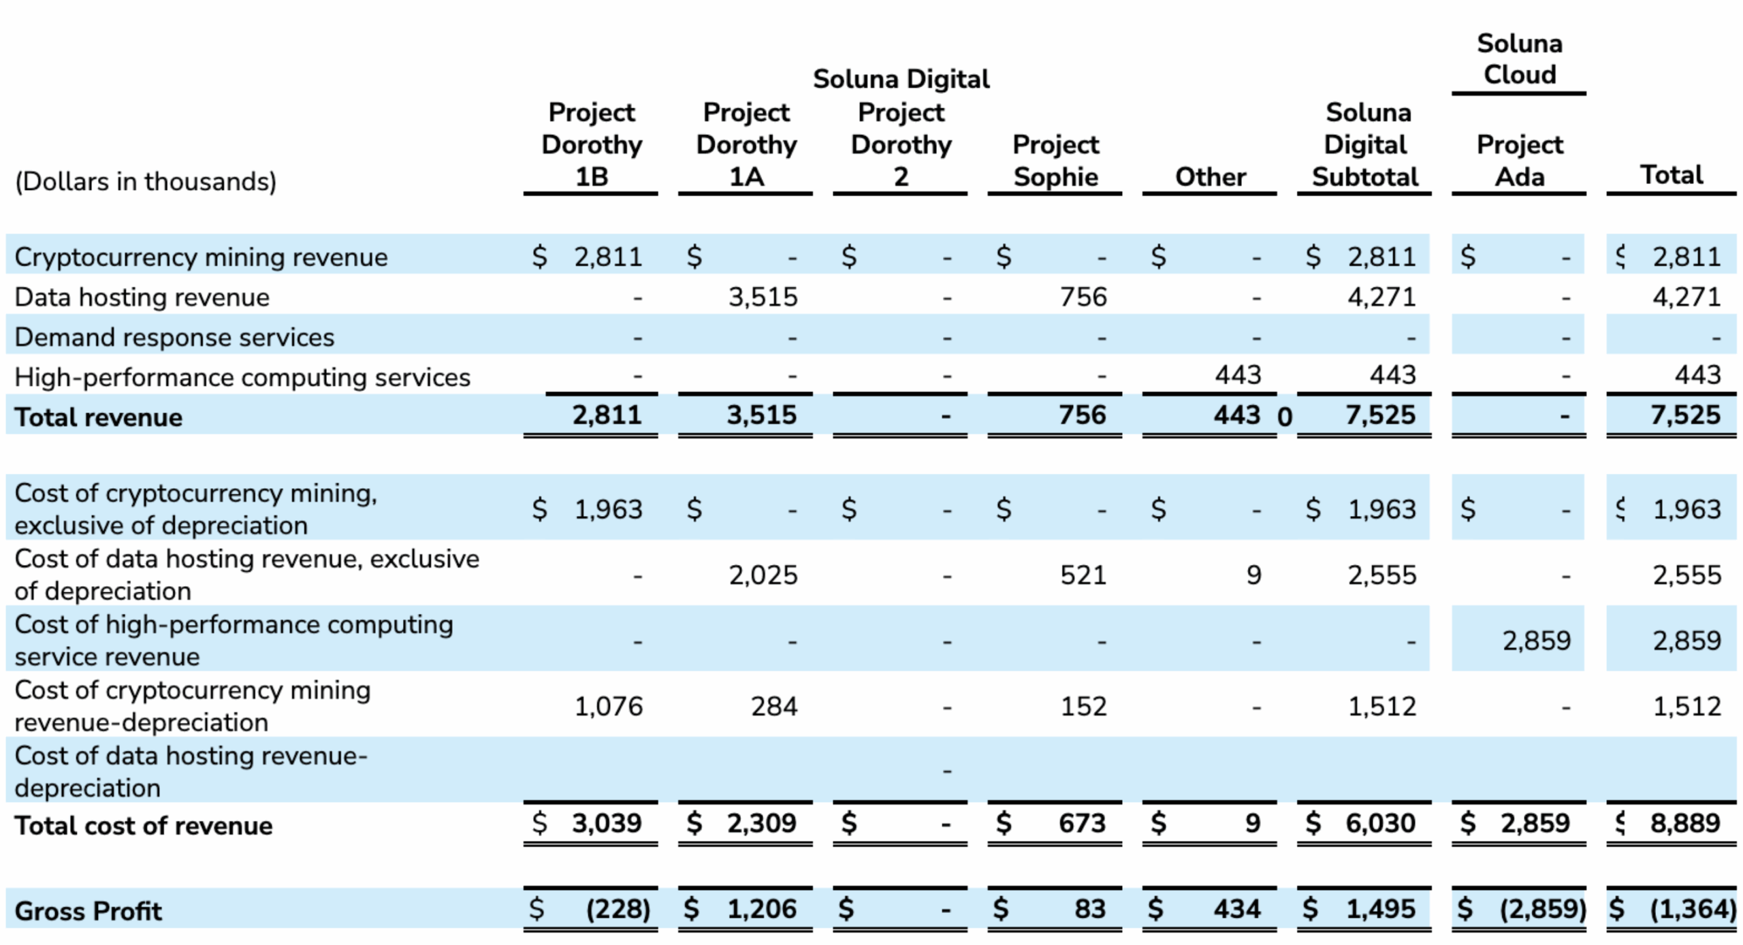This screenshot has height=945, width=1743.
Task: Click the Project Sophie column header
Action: coord(1055,161)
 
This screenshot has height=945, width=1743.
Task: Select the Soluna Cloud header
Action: coord(1519,59)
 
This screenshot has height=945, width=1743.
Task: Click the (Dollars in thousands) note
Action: coord(146,182)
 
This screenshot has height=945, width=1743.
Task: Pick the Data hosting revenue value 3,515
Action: coord(763,298)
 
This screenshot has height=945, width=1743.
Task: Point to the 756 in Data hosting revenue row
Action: coord(1083,298)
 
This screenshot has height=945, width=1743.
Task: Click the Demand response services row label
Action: coord(174,338)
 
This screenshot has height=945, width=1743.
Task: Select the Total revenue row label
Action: coord(99,417)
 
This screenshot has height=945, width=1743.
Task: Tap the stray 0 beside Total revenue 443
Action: coord(1284,417)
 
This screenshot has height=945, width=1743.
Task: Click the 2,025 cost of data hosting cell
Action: coord(763,575)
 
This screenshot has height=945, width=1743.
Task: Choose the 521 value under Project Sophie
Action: coord(1083,575)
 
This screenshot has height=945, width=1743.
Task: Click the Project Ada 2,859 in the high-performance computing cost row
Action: coord(1536,641)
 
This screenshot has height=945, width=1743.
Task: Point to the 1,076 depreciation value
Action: coord(608,707)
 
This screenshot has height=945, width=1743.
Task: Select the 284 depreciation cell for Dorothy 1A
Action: coord(773,707)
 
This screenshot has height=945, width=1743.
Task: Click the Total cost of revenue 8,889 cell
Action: coord(1684,824)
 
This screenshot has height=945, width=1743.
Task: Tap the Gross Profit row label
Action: coord(89,912)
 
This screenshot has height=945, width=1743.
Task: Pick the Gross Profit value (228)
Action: coord(618,910)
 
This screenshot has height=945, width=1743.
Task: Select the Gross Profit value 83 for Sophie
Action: coord(1089,910)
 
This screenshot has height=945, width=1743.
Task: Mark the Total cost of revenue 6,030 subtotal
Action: coord(1379,824)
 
